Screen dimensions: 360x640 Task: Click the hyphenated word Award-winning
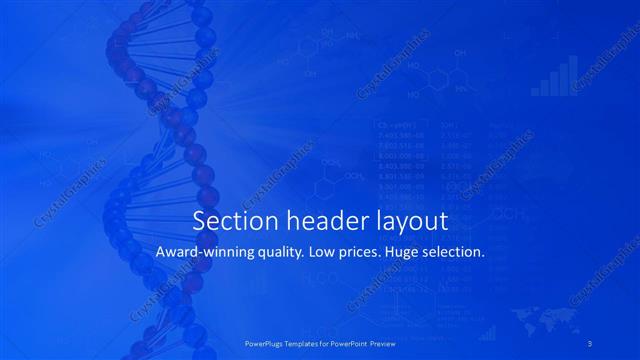[203, 253]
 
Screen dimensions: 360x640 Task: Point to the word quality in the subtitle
[279, 253]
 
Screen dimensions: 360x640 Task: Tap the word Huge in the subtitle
[413, 253]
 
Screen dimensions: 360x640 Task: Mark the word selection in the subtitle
[459, 253]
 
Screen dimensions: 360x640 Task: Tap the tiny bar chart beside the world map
[487, 331]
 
